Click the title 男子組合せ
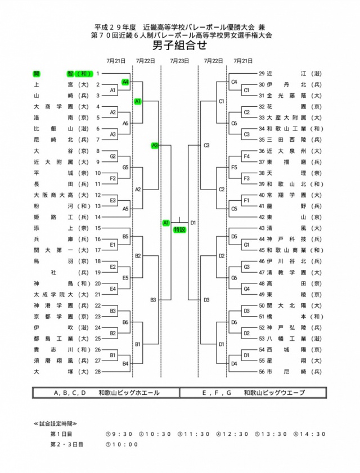(179, 46)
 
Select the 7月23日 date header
(179, 61)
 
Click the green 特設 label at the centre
(179, 229)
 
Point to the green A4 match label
(125, 82)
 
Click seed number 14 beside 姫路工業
(98, 217)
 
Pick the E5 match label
(125, 277)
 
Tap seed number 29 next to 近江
(262, 73)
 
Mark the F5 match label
(234, 167)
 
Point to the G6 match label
(234, 277)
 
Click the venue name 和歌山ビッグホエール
(129, 393)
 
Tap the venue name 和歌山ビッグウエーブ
(275, 393)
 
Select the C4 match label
(234, 82)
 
